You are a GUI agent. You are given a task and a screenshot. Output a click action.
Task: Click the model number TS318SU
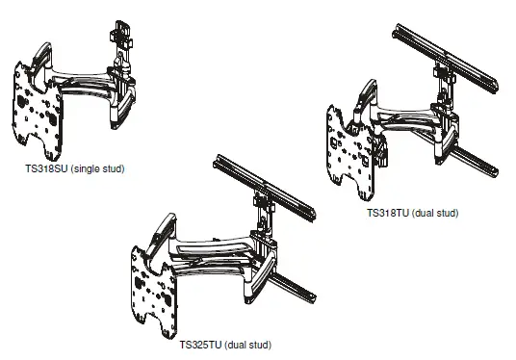click(44, 168)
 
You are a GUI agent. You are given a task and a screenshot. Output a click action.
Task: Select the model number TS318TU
click(388, 213)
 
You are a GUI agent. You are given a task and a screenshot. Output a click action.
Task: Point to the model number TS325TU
click(202, 344)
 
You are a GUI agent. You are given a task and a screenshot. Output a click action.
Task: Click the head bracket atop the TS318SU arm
click(120, 39)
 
